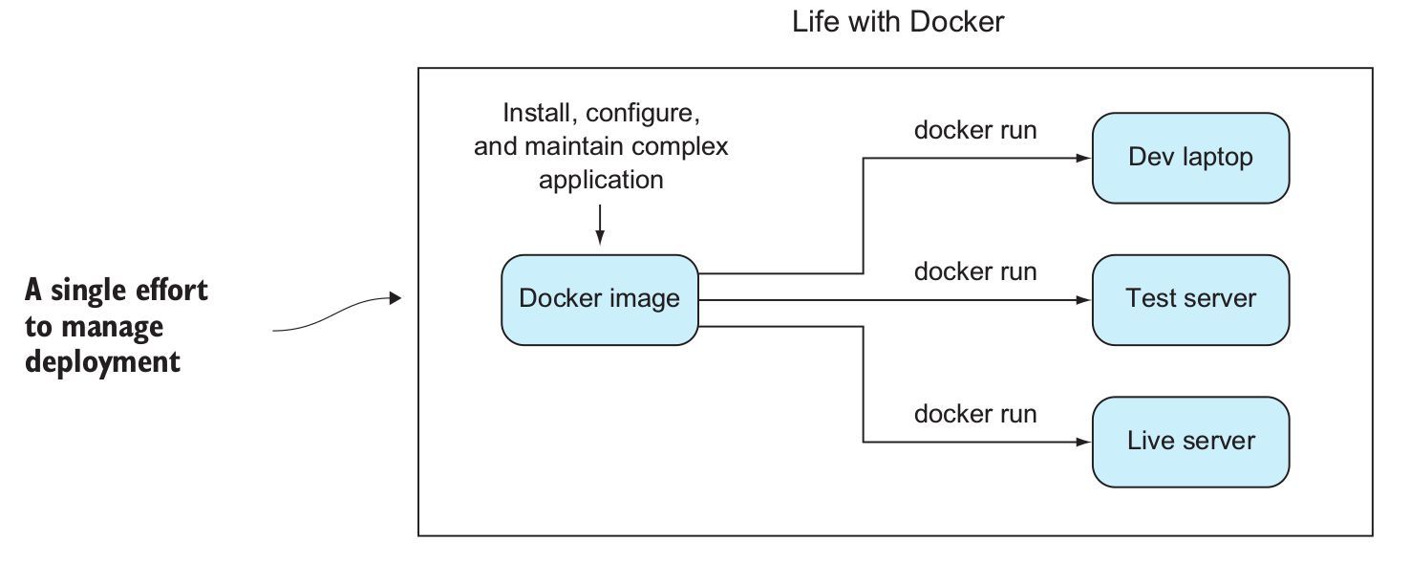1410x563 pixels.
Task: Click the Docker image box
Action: click(x=599, y=299)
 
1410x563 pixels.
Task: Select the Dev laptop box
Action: click(x=1190, y=158)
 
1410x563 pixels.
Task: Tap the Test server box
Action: click(x=1190, y=299)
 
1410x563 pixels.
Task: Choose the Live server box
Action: click(x=1190, y=442)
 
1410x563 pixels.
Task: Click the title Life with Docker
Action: click(x=897, y=22)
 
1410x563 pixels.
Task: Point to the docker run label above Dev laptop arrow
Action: click(x=974, y=130)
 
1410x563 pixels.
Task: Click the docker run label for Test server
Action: click(x=974, y=271)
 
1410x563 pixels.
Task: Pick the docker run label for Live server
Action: click(x=974, y=414)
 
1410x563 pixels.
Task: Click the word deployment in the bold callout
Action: click(x=102, y=362)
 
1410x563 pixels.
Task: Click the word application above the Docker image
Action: click(x=600, y=180)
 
